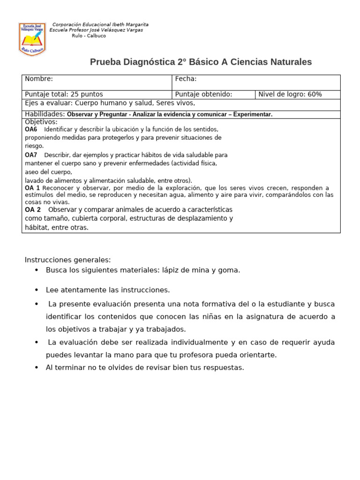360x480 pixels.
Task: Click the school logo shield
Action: tap(32, 39)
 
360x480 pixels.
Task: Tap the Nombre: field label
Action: tap(39, 79)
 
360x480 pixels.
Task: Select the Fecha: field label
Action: tap(186, 79)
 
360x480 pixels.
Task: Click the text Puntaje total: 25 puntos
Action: tap(64, 94)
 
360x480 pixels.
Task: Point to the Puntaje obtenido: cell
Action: tap(203, 94)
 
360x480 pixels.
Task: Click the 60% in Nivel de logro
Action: tap(315, 94)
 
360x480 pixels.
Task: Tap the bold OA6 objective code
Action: tap(31, 129)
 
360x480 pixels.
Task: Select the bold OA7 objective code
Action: tap(31, 155)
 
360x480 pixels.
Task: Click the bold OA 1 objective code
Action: tap(32, 188)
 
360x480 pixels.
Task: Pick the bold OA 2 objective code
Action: tap(32, 210)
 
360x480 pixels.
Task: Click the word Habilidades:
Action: tap(45, 114)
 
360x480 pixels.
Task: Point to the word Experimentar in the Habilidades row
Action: tap(252, 114)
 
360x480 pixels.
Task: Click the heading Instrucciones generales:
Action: tap(67, 260)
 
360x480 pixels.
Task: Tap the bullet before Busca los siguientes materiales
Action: tap(37, 270)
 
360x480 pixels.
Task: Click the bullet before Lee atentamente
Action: tap(37, 290)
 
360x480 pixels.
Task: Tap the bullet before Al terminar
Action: tap(37, 368)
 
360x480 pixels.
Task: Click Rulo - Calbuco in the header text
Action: tap(89, 36)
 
